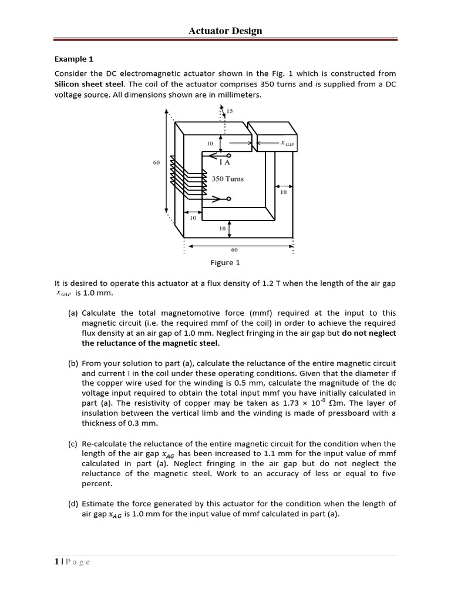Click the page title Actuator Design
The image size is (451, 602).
tap(225, 31)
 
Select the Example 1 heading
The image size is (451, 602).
tap(74, 59)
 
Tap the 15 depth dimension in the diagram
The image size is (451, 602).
tap(229, 110)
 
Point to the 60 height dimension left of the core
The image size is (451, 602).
tap(156, 163)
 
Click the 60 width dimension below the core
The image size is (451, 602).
tap(234, 249)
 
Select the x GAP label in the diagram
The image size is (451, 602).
tap(287, 143)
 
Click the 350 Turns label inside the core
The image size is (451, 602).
tap(227, 179)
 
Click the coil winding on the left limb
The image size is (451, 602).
tap(188, 175)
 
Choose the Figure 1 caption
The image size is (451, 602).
tap(225, 263)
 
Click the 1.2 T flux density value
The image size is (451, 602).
tap(269, 283)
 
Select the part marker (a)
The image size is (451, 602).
tap(73, 313)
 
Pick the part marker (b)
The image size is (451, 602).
tap(73, 363)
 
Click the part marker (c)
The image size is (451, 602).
tap(73, 444)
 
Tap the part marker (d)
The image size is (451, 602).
tap(73, 503)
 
